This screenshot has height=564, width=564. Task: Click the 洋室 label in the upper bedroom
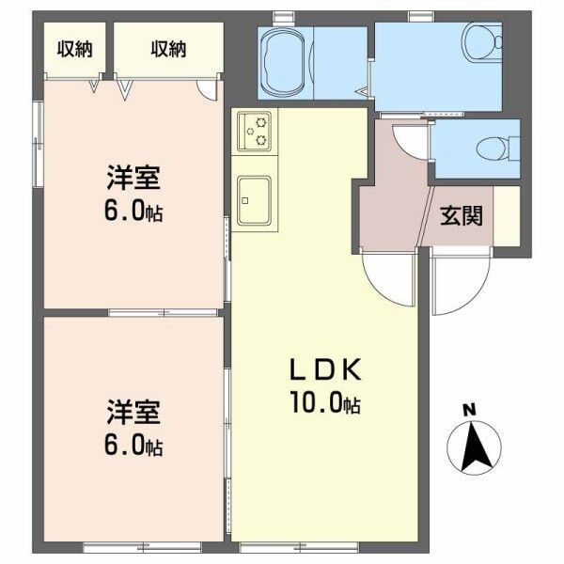coord(131,178)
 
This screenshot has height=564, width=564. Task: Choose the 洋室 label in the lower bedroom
coord(131,412)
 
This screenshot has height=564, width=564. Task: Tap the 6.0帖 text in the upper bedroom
coord(133,211)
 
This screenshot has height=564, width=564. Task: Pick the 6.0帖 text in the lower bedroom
coord(133,446)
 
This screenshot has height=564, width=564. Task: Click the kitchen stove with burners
coord(254,132)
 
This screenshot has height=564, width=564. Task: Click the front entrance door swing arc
coord(461,287)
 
